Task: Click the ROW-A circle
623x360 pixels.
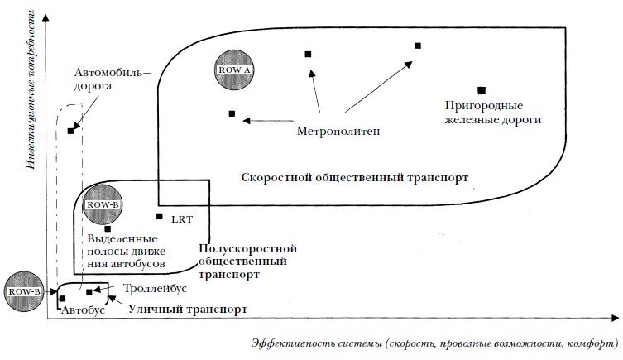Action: coord(234,70)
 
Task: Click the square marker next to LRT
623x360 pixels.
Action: coord(159,217)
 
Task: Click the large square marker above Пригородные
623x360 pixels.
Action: coord(481,89)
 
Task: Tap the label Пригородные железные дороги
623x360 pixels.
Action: coord(492,113)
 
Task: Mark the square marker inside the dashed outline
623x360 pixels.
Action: coord(71,131)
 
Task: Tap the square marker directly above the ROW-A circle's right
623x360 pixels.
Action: coord(308,55)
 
